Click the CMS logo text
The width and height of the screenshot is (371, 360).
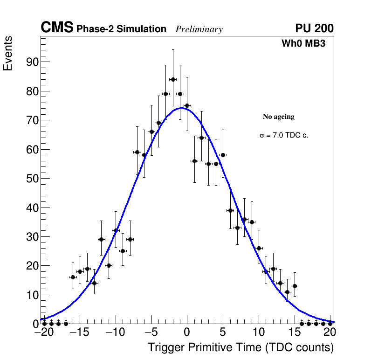point(57,28)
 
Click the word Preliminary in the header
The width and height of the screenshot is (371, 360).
point(199,29)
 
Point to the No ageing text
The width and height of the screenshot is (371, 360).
point(279,117)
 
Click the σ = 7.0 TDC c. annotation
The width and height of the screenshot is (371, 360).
point(284,136)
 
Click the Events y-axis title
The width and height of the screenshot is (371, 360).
point(8,54)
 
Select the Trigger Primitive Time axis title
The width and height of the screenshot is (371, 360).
point(240,348)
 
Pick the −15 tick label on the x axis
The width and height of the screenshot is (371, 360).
point(80,333)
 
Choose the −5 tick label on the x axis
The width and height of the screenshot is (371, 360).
point(151,333)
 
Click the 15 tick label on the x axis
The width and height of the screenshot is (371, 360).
point(295,333)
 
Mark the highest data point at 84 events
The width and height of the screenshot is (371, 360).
point(173,79)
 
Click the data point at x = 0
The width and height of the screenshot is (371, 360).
point(187,105)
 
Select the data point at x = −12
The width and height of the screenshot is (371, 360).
point(101,239)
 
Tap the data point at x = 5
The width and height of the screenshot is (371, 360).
point(223,155)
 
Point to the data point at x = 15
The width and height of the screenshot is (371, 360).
point(295,286)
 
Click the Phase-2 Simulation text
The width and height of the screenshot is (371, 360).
point(121,29)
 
